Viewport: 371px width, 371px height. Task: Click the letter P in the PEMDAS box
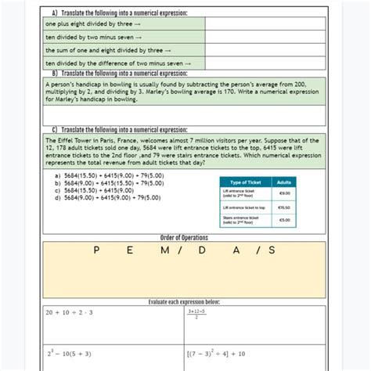tap(95, 250)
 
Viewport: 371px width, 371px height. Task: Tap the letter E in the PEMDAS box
tap(128, 250)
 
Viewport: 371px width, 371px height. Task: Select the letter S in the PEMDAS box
tap(272, 250)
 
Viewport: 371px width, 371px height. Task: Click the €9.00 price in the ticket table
tap(284, 193)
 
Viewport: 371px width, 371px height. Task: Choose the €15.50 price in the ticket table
tap(284, 207)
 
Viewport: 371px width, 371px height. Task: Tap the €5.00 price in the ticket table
tap(284, 220)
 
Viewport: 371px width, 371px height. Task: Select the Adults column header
tap(284, 182)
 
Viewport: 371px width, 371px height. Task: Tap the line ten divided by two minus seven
tap(93, 37)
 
